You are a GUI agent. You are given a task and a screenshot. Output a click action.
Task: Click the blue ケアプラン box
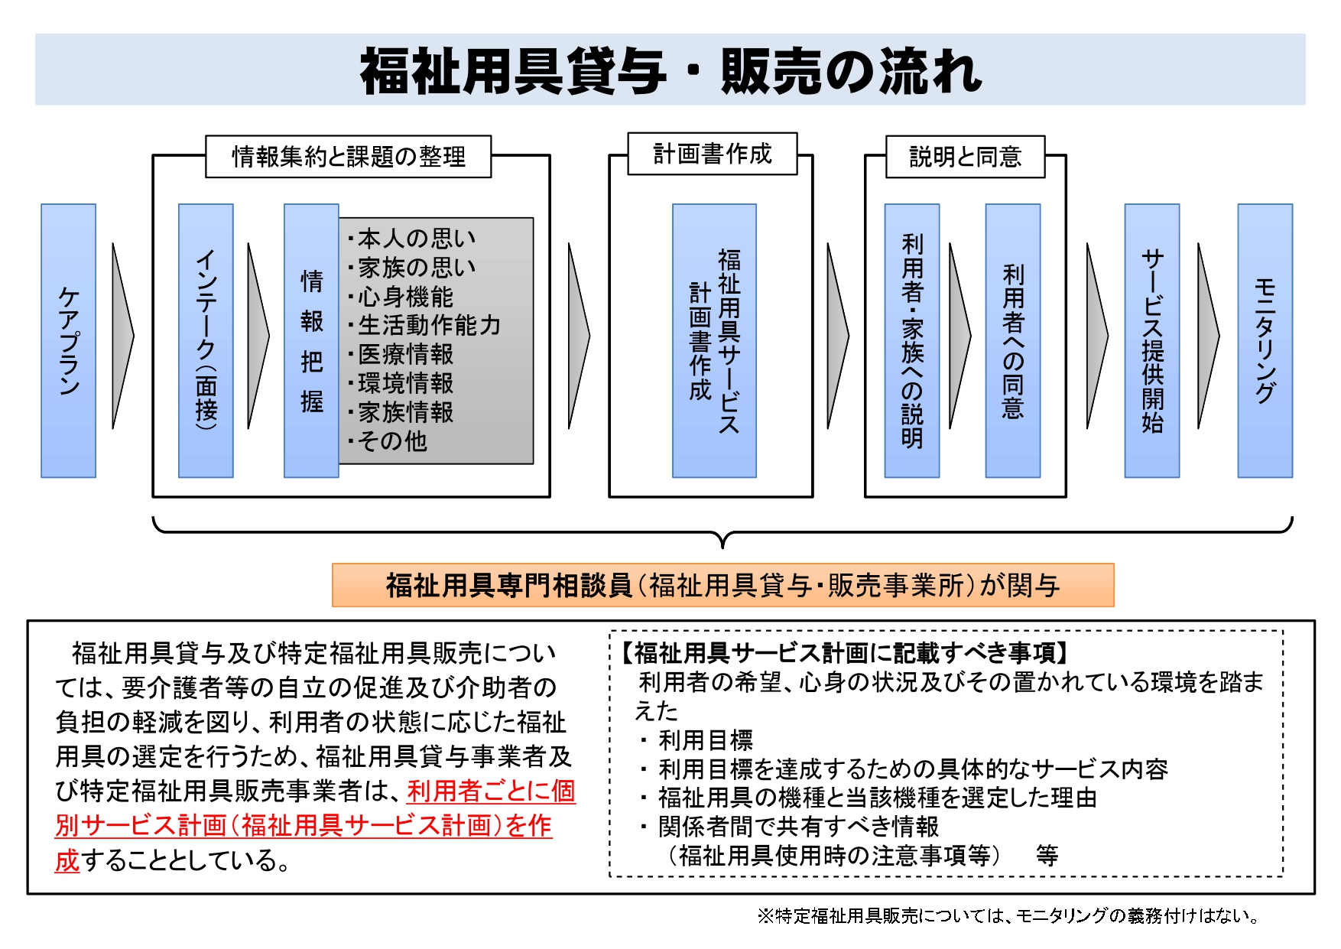[68, 341]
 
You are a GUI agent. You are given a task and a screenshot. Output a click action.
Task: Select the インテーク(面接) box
[206, 341]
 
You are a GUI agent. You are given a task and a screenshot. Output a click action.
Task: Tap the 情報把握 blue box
[311, 341]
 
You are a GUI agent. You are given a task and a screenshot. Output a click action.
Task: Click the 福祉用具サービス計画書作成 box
[714, 341]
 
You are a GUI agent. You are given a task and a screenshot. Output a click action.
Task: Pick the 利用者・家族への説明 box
[911, 341]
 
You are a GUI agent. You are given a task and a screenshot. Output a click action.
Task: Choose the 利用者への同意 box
[1013, 341]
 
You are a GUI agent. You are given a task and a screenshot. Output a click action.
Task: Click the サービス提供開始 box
[1152, 341]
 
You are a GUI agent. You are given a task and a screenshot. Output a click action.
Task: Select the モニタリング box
[1265, 341]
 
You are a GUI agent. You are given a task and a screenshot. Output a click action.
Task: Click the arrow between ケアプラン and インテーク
[122, 336]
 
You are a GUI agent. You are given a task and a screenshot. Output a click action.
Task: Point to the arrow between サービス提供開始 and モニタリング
[1208, 336]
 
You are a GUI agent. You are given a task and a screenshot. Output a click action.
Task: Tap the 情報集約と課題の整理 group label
[349, 157]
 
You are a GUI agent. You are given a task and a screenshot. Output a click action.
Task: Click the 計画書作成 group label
[713, 154]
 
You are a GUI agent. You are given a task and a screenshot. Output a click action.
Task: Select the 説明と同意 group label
[966, 157]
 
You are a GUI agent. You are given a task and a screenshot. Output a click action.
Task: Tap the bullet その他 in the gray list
[387, 441]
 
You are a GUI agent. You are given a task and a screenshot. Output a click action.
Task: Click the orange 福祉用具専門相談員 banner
[723, 585]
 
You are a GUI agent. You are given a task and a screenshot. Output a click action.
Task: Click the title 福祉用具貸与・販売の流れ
[671, 71]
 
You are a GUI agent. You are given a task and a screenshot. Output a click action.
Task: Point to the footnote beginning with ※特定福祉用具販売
[1008, 915]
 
